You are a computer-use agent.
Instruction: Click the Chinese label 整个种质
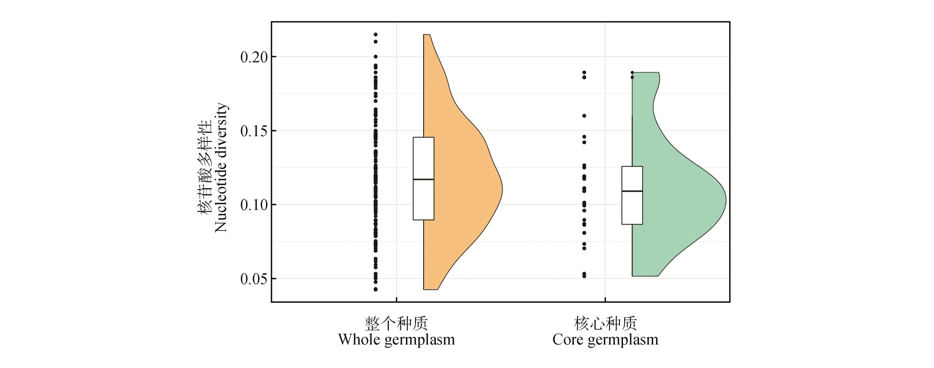[x=396, y=323]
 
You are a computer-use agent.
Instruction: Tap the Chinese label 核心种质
[x=605, y=323]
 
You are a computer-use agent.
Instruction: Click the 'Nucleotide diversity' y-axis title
[x=221, y=168]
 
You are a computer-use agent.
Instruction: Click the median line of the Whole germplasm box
[x=423, y=179]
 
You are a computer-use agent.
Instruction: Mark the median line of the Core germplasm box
[x=632, y=191]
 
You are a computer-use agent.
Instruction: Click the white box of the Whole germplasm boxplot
[x=423, y=156]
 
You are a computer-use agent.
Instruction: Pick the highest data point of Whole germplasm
[x=376, y=35]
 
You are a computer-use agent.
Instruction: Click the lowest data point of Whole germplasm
[x=376, y=289]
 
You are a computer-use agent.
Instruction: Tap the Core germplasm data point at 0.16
[x=584, y=116]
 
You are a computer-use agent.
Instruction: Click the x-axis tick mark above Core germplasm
[x=605, y=300]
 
